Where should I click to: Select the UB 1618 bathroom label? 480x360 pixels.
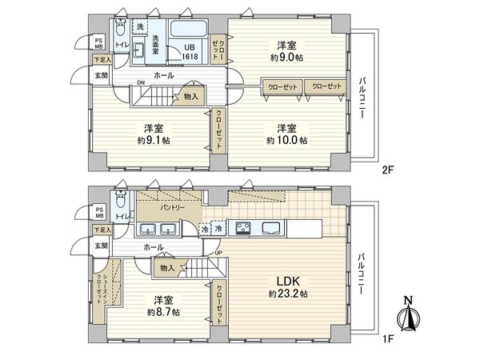[x=189, y=52]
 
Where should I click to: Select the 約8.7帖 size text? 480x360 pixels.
[x=163, y=311]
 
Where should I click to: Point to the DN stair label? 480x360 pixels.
[x=142, y=82]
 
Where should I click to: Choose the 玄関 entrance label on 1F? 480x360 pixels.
[x=100, y=246]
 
